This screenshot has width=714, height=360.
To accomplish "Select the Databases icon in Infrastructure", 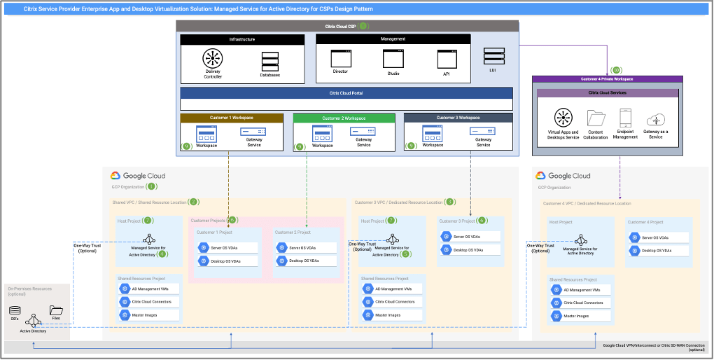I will point(269,61).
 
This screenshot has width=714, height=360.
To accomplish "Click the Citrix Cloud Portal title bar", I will point(346,92).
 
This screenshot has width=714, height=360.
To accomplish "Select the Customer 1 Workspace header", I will point(232,118).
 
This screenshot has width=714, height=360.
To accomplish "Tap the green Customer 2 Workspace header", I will point(344,118).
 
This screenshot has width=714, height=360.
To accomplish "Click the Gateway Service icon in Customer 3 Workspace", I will point(483,131).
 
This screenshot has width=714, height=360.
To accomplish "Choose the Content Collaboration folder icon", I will point(596,118).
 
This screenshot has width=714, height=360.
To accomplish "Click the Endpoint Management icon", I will point(626,118).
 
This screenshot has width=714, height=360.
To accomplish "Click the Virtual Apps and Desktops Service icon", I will point(563,118).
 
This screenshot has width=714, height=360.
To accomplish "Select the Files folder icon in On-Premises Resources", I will point(55,310).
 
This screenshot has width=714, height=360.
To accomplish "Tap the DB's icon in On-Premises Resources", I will point(14,310).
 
